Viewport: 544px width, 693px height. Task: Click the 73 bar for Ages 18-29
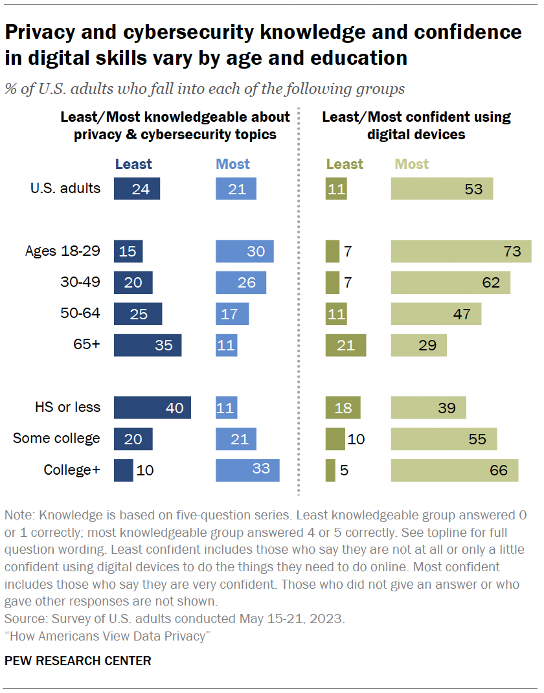click(x=460, y=251)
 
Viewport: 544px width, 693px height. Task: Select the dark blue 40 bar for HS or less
click(x=152, y=407)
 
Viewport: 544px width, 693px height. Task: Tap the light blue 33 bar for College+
click(x=247, y=470)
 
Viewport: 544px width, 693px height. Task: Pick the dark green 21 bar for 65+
click(x=345, y=345)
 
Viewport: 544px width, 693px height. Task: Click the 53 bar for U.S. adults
click(x=442, y=189)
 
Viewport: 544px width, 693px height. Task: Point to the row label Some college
click(x=56, y=438)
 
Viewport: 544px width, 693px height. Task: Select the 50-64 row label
click(x=81, y=313)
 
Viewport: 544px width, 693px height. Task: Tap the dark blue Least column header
click(x=133, y=164)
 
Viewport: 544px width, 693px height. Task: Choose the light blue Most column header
click(x=233, y=164)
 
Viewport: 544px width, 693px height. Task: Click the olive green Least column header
click(x=345, y=164)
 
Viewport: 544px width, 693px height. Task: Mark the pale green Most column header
click(x=412, y=164)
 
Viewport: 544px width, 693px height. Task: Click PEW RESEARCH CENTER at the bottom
click(x=78, y=661)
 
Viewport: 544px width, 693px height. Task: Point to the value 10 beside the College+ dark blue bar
click(x=145, y=470)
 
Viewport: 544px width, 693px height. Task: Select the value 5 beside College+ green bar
click(x=344, y=470)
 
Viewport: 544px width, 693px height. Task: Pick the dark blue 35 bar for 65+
click(x=148, y=345)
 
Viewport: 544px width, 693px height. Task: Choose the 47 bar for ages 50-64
click(x=436, y=313)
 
